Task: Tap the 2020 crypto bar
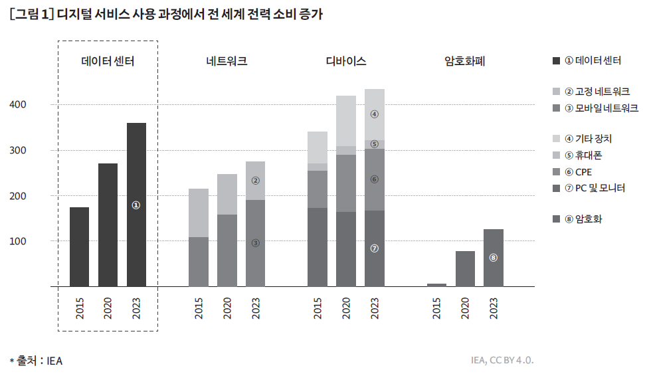[x=465, y=268]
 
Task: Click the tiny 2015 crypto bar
[x=436, y=285]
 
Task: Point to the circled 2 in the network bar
[x=255, y=180]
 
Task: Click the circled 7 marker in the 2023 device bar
[x=374, y=248]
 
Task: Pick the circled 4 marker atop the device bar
[x=374, y=114]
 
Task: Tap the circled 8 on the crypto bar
[x=493, y=258]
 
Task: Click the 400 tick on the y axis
[x=18, y=105]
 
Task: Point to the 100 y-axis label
[x=18, y=241]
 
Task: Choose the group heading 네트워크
[x=227, y=62]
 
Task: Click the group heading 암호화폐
[x=465, y=62]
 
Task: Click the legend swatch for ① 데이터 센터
[x=557, y=60]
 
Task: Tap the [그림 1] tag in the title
[x=33, y=15]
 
